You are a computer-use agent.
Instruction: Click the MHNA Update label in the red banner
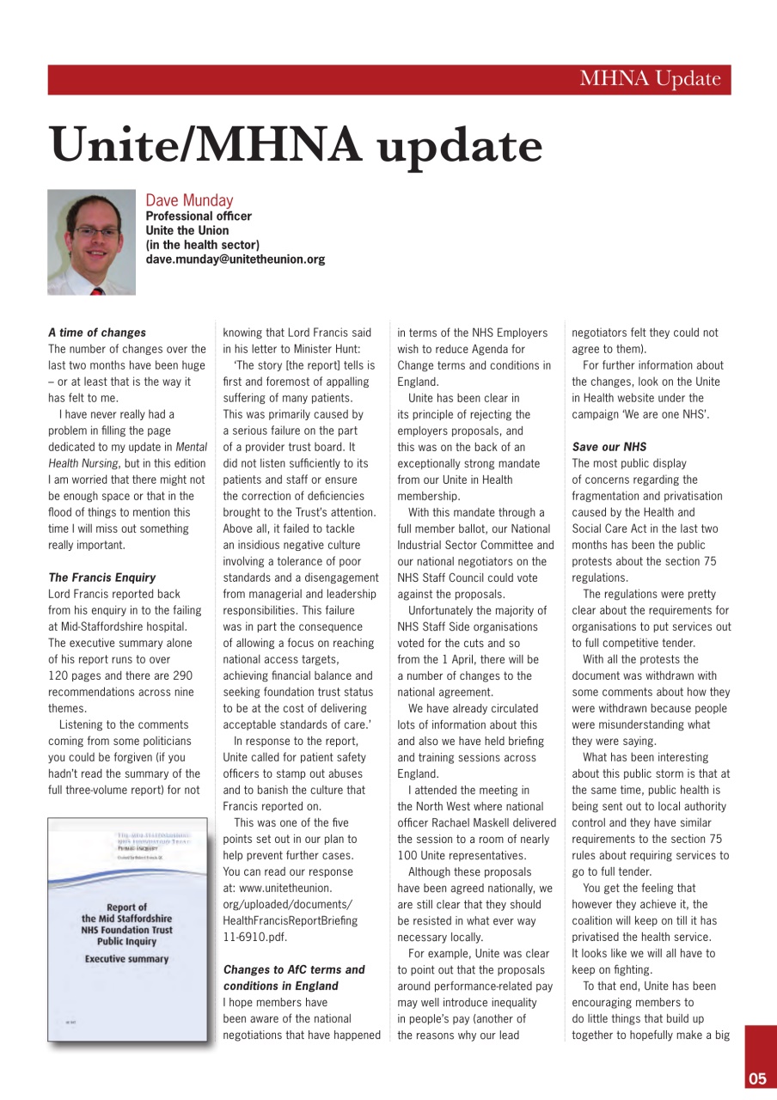coord(650,80)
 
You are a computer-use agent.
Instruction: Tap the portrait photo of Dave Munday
coord(91,242)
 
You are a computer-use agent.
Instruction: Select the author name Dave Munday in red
coord(189,201)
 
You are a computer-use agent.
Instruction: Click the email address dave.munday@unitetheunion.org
coord(236,259)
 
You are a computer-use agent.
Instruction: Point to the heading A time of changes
coord(97,333)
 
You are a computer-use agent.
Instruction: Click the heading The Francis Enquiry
coord(101,577)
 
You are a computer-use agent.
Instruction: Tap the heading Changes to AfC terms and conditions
coord(294,977)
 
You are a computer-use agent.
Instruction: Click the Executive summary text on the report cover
coord(126,958)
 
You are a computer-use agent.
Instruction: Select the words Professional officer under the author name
coord(199,217)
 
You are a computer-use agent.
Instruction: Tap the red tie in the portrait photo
coord(95,291)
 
